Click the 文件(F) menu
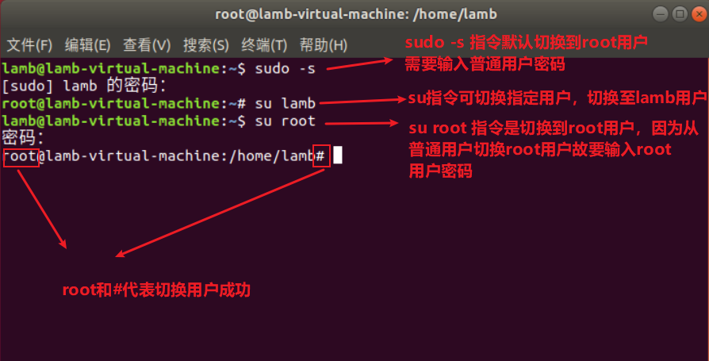pos(29,44)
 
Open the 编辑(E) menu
pos(87,44)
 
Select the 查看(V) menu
pos(147,44)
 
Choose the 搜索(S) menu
pos(205,44)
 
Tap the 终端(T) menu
pos(264,44)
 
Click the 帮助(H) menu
pos(323,44)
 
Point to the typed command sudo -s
pos(285,68)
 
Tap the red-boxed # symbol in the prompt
pos(320,156)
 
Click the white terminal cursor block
pos(337,156)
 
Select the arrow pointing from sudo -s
pos(361,64)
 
